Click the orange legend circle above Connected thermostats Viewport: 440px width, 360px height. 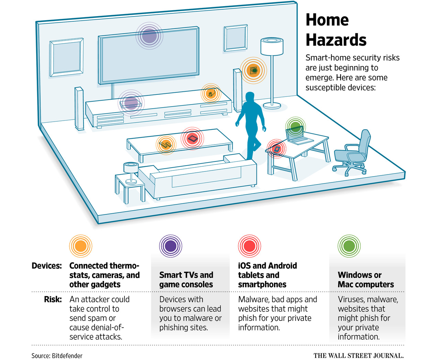(x=80, y=246)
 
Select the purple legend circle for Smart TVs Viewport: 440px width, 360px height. (x=170, y=246)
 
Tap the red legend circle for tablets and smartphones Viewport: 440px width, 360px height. (x=249, y=246)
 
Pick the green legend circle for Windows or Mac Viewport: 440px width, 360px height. (x=349, y=246)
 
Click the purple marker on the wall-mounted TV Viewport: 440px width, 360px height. (x=149, y=36)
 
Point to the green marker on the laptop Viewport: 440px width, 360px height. (x=295, y=127)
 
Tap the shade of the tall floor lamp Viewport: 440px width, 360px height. (x=272, y=46)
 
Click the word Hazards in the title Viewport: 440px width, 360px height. (x=336, y=40)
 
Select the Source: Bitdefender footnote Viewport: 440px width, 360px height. (x=57, y=356)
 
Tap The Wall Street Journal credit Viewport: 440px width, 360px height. (x=358, y=356)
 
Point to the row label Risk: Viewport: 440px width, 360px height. (x=53, y=299)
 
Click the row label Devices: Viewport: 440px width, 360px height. (x=47, y=266)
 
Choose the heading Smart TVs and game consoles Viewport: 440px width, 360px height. (x=186, y=280)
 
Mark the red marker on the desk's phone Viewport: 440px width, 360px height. (x=277, y=149)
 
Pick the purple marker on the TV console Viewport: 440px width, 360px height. (x=131, y=103)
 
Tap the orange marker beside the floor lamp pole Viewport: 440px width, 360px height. (x=253, y=71)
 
